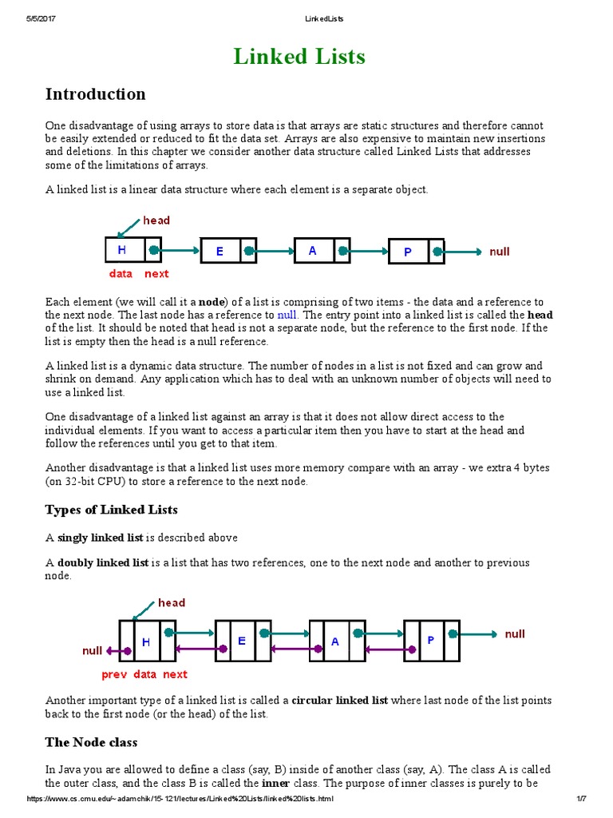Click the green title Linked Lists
coord(299,57)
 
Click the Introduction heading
coord(95,94)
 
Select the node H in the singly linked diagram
coord(123,250)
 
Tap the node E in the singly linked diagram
coord(219,251)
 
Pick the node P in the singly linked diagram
coord(407,252)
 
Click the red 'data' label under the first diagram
coord(121,274)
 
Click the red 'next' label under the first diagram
coord(156,274)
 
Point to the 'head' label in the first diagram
coord(156,220)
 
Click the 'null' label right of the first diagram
coord(500,251)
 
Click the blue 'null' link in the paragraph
coord(287,316)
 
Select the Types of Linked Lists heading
coord(111,510)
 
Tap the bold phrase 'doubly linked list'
coord(103,563)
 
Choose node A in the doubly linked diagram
coord(335,641)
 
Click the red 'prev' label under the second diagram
coord(114,674)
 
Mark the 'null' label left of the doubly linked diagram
coord(93,651)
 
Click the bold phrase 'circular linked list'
coord(340,701)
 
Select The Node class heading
coord(91,742)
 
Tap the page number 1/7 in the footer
coord(581,799)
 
